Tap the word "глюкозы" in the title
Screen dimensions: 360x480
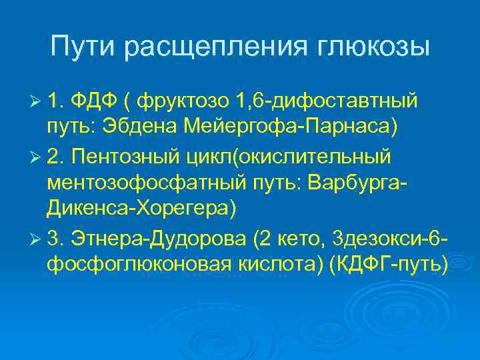point(371,47)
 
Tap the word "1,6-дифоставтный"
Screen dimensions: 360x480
point(327,101)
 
